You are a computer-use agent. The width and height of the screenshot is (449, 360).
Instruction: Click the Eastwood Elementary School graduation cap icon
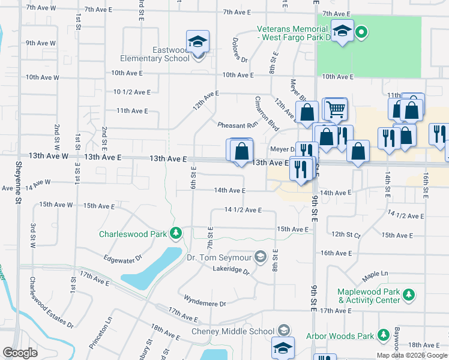pyautogui.click(x=197, y=42)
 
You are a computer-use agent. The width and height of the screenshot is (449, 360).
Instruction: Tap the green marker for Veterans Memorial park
pyautogui.click(x=361, y=32)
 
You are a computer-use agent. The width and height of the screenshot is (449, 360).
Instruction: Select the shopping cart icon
pyautogui.click(x=336, y=109)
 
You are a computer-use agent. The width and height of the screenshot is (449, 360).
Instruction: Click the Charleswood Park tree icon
pyautogui.click(x=175, y=233)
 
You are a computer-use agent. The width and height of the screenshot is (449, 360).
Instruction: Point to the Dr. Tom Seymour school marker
pyautogui.click(x=260, y=257)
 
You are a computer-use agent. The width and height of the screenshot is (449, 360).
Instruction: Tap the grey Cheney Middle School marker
pyautogui.click(x=283, y=331)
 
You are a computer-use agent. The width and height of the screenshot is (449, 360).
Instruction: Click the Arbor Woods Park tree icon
pyautogui.click(x=382, y=336)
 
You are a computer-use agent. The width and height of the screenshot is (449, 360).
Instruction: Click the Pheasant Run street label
pyautogui.click(x=237, y=125)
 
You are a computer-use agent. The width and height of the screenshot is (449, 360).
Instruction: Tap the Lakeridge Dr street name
pyautogui.click(x=231, y=270)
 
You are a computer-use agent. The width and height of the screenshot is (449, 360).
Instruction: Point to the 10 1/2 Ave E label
pyautogui.click(x=131, y=92)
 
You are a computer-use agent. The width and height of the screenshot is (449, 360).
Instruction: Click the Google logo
pyautogui.click(x=20, y=353)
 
